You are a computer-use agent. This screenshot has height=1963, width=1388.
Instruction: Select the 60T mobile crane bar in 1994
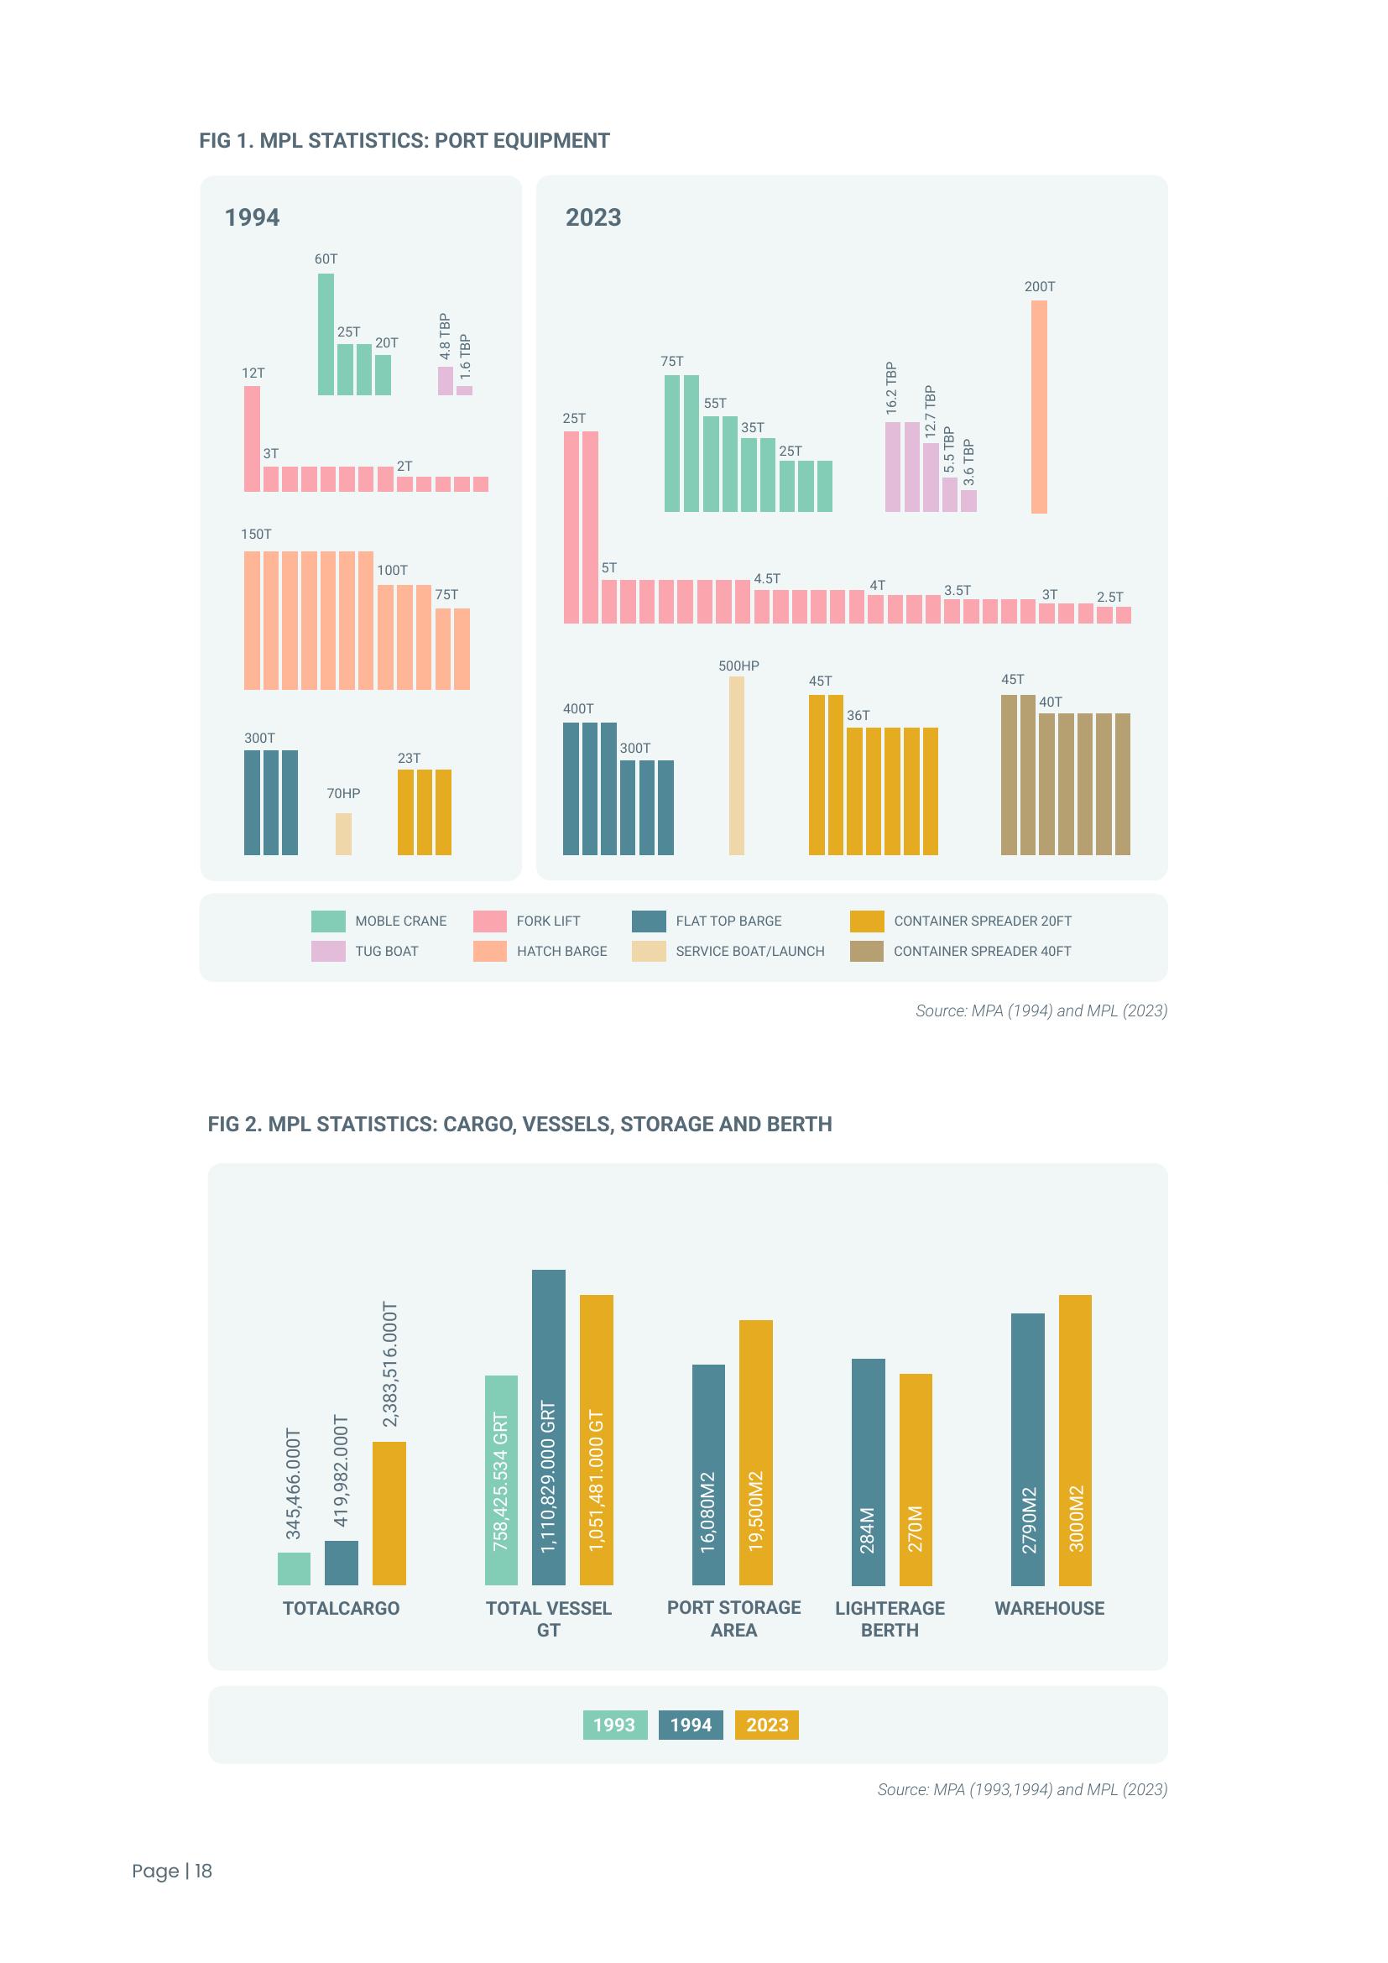326,334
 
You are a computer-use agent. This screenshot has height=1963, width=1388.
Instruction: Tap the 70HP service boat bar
342,833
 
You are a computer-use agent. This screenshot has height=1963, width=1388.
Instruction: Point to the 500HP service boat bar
736,765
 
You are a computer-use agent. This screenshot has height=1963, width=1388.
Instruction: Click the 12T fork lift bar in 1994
251,439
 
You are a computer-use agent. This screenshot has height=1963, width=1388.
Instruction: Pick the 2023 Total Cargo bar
389,1512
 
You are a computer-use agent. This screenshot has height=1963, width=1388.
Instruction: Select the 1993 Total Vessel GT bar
501,1480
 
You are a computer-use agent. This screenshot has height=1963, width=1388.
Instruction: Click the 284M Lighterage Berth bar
868,1471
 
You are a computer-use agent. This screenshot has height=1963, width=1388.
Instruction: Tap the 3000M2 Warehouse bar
1074,1440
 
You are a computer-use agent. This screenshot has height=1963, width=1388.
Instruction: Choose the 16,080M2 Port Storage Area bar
707,1475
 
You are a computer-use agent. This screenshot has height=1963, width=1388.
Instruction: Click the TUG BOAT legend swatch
328,951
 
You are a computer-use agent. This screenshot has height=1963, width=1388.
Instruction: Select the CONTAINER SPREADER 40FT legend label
982,951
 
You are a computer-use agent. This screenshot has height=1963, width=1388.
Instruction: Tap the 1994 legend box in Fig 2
691,1725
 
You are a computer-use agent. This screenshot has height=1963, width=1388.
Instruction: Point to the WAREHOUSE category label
1049,1608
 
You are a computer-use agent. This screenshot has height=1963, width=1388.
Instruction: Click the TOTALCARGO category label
341,1608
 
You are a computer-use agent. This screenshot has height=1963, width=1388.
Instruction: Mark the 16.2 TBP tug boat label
891,389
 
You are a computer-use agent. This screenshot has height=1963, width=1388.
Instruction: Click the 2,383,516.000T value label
389,1365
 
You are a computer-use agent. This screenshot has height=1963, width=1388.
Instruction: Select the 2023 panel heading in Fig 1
593,217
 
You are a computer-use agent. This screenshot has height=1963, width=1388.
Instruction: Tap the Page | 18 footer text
172,1871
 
